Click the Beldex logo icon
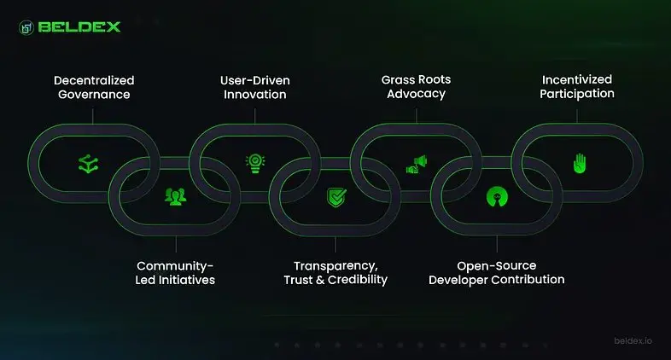(x=26, y=26)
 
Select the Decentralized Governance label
(x=94, y=87)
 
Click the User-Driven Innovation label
(x=254, y=87)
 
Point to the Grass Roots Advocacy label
(x=416, y=86)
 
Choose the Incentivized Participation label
(x=576, y=86)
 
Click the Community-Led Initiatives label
(x=174, y=273)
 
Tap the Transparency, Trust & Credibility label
(x=335, y=273)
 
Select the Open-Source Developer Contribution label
(x=496, y=273)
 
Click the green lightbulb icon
(x=254, y=161)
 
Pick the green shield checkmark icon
(x=335, y=199)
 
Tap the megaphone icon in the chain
(x=416, y=162)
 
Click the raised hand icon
(x=578, y=162)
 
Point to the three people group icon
(x=175, y=197)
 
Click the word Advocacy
(x=416, y=94)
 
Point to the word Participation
(x=576, y=94)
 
